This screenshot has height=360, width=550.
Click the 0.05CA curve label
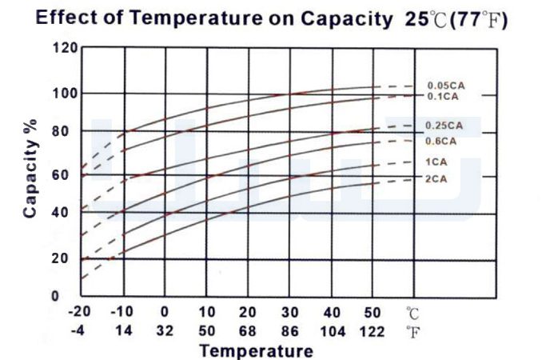(446, 86)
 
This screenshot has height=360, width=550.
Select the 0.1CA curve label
(443, 97)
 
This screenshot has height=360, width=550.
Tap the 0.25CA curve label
(444, 126)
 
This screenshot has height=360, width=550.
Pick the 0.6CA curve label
(441, 141)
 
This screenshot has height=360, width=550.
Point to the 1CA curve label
(436, 162)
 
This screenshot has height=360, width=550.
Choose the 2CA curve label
(436, 179)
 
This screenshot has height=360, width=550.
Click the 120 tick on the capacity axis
(65, 48)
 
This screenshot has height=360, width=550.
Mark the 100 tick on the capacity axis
(65, 94)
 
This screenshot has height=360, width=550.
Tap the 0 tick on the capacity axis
(55, 296)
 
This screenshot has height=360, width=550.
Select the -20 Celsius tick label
(79, 311)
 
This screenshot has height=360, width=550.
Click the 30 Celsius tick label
(289, 312)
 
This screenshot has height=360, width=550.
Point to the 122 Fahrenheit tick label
(373, 331)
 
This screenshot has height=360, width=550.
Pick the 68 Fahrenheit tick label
(248, 331)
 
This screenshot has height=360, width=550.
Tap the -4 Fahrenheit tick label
(78, 331)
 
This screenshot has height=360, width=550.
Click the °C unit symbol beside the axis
(412, 313)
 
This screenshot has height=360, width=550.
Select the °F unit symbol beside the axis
(412, 332)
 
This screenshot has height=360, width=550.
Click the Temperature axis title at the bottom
(256, 351)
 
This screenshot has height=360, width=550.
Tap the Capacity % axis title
(30, 169)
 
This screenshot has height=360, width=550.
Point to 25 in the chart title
(416, 19)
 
